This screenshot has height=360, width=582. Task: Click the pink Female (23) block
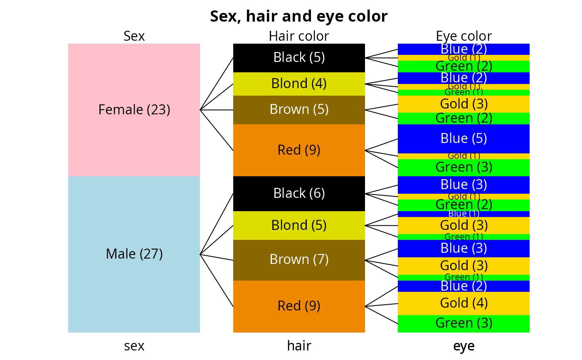[134, 110]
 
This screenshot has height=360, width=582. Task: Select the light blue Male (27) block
[134, 254]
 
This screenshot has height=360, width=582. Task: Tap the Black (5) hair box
[299, 57]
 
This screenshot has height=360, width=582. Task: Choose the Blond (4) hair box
[299, 84]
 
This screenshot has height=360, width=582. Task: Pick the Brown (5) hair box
[299, 110]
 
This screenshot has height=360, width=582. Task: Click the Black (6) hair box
[299, 193]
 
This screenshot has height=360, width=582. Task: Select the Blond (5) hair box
[299, 225]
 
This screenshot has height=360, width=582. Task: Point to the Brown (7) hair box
[299, 260]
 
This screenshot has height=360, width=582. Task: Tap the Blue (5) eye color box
[464, 138]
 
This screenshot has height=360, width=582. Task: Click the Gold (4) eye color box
[464, 303]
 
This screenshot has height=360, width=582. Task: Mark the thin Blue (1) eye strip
[464, 214]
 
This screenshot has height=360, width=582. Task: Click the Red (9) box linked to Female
[299, 150]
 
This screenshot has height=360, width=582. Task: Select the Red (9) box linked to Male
[299, 306]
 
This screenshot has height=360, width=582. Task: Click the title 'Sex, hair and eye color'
[298, 17]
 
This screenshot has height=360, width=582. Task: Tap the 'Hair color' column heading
[299, 36]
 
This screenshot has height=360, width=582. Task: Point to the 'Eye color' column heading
[464, 36]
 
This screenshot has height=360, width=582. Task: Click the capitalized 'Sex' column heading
[134, 36]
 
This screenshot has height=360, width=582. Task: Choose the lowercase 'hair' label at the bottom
[299, 346]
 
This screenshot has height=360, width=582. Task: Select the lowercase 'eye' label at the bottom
[464, 346]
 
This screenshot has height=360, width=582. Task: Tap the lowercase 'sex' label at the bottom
[134, 346]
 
